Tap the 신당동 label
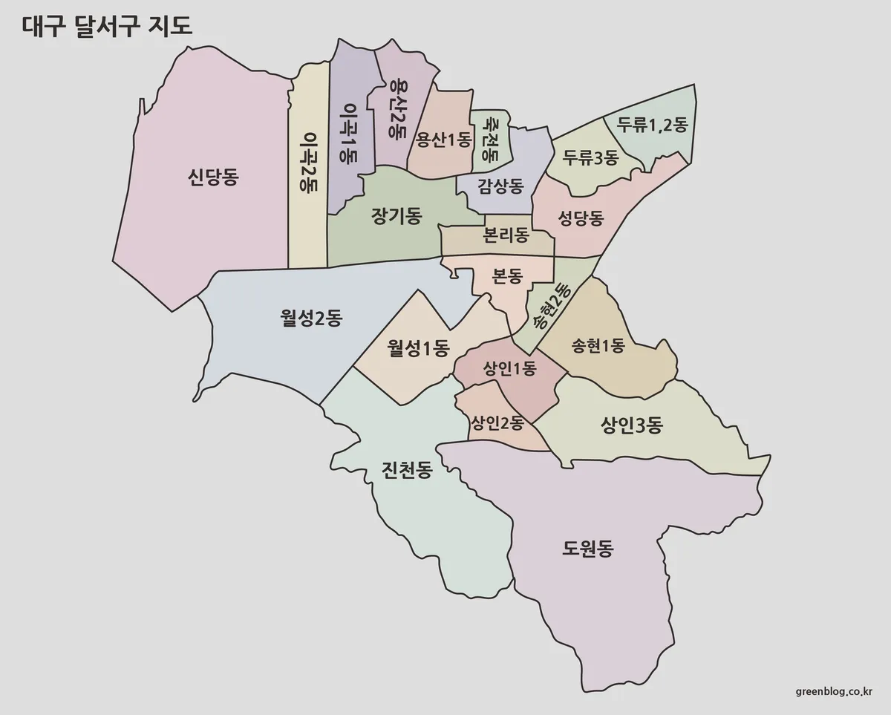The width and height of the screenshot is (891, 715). click(213, 177)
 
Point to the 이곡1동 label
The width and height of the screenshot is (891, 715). click(346, 134)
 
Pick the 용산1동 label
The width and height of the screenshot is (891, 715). click(443, 139)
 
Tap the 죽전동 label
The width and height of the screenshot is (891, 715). click(489, 140)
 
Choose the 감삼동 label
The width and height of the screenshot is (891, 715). click(501, 183)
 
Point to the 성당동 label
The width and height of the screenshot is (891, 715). click(581, 218)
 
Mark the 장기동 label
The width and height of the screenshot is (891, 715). click(396, 216)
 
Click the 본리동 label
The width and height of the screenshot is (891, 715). click(506, 235)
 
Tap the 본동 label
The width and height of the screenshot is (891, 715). click(508, 275)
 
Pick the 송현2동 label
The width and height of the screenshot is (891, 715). click(550, 307)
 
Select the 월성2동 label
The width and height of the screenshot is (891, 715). click(311, 319)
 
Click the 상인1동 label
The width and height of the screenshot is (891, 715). click(509, 368)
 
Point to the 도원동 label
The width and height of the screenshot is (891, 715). click(588, 550)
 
